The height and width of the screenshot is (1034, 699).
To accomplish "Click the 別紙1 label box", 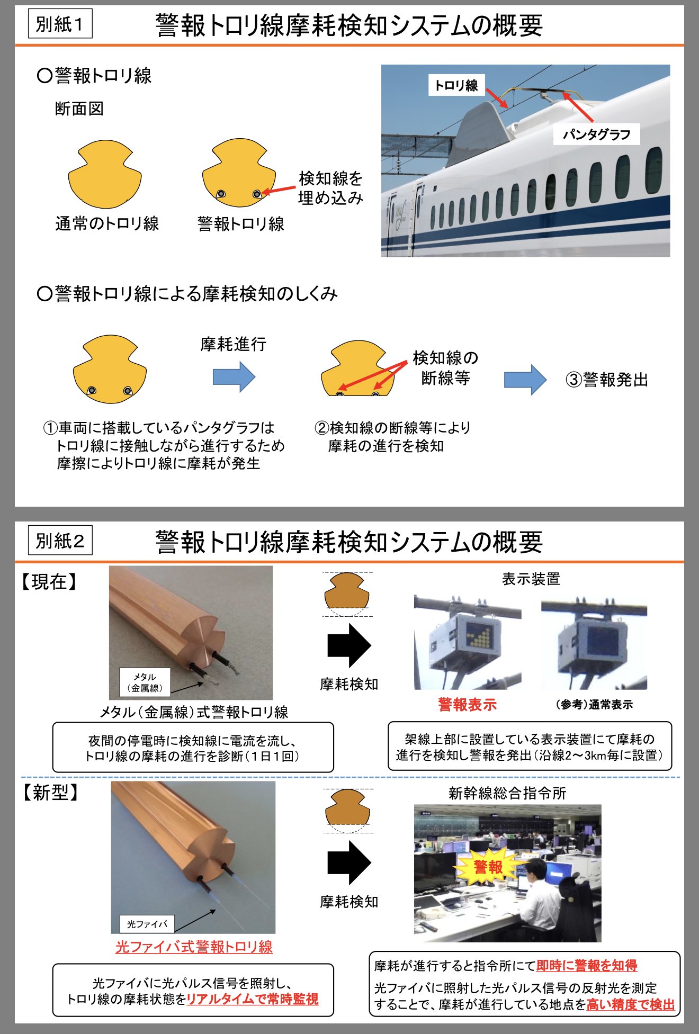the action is point(60,24).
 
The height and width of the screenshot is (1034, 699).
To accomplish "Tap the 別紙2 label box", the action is point(60,541).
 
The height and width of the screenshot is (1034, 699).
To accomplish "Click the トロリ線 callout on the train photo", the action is point(456,85).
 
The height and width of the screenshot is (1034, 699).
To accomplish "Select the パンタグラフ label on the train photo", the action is point(596,134).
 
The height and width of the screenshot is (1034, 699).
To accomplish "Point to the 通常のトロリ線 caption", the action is point(107,224).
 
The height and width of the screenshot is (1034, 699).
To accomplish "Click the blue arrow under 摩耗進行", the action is point(234,377).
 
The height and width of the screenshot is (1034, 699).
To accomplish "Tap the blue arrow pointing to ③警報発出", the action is point(525,380).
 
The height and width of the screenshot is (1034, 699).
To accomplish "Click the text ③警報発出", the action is point(607,380).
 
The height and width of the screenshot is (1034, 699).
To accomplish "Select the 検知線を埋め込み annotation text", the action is point(331,188).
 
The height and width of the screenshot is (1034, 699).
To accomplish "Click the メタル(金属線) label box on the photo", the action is point(145,682).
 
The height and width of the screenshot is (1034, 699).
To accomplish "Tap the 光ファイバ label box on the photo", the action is point(147,924).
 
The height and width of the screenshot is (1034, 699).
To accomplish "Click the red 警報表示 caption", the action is point(467,705).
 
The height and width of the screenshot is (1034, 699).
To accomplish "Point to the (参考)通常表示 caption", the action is point(594,705).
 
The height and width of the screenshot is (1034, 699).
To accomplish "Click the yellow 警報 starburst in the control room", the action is point(488,867).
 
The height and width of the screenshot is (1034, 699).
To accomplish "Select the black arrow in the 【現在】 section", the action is point(349,645).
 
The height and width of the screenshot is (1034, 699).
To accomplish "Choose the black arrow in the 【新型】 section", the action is point(349,862).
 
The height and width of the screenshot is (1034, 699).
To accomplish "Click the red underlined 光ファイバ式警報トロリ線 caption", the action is point(194,947).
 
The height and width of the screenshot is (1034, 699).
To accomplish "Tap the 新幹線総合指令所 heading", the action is point(507,793).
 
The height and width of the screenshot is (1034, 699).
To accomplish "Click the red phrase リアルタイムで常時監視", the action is point(253,999).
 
